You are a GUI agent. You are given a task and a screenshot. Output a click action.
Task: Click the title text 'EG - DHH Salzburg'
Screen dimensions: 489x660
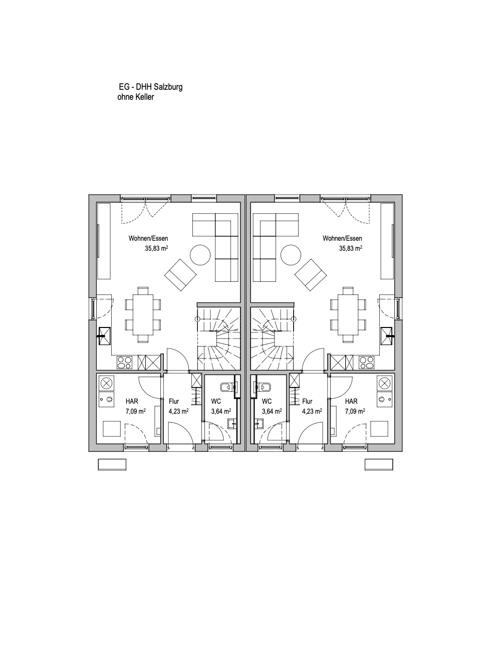(x=151, y=87)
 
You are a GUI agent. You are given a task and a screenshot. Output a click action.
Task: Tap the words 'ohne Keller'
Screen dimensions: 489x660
(x=136, y=97)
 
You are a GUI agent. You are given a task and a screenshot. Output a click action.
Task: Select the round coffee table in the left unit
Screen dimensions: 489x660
(x=200, y=255)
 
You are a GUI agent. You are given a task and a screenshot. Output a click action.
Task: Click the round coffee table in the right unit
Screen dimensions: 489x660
(x=291, y=255)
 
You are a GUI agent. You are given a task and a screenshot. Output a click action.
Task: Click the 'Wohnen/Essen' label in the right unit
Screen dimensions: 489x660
(x=342, y=238)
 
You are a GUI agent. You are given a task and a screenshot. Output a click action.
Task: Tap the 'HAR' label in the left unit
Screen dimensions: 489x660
(x=132, y=401)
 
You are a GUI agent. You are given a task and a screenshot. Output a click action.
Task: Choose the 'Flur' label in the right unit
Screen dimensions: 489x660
(x=307, y=401)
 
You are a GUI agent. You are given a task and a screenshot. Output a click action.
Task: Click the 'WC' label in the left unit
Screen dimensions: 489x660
(x=216, y=401)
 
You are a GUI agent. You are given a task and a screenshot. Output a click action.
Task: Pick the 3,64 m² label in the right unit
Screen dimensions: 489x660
(x=272, y=411)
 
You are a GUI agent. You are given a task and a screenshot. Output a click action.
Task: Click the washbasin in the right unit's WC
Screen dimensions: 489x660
(x=259, y=423)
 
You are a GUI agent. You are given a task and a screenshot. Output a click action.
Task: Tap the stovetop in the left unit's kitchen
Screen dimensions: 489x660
(x=124, y=363)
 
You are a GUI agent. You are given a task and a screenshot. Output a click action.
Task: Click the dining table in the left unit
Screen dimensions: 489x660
(x=143, y=314)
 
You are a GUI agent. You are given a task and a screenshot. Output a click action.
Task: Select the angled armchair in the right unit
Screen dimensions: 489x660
(x=310, y=275)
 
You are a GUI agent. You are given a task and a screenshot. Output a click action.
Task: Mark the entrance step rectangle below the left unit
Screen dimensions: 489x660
(x=112, y=465)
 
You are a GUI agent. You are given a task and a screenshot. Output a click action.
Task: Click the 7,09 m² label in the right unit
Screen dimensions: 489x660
(x=355, y=411)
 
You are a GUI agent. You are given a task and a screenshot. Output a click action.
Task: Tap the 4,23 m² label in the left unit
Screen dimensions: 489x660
(x=179, y=411)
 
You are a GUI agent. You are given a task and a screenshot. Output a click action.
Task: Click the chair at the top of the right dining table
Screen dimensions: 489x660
(x=348, y=291)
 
